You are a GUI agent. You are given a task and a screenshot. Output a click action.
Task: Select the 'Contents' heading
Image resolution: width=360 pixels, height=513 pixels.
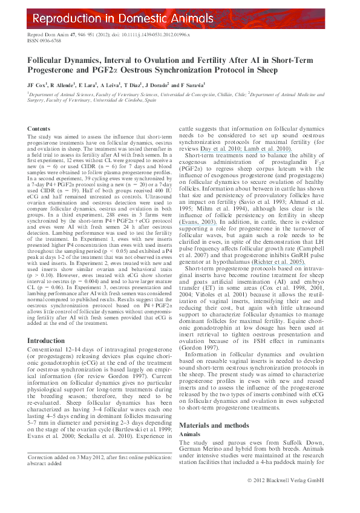pyautogui.click(x=39, y=129)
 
